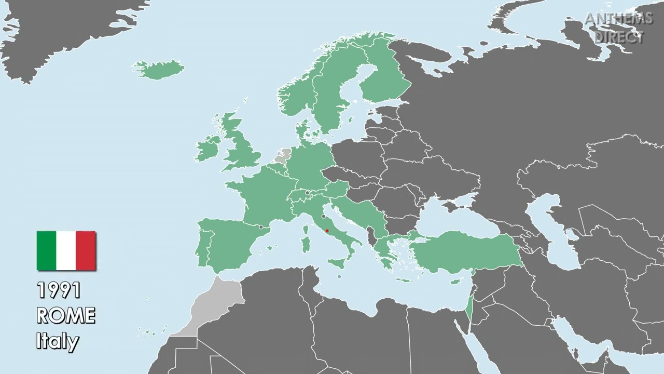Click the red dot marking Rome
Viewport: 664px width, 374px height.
327,231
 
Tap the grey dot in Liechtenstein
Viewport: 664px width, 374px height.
307,193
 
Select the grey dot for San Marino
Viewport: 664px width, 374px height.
323,216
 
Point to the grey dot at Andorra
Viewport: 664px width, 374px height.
261,227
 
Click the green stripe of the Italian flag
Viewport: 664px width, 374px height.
46,251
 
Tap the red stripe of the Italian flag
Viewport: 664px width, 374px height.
86,251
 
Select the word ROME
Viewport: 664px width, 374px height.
65,316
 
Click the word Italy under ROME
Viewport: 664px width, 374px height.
57,341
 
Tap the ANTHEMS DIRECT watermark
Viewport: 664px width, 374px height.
618,28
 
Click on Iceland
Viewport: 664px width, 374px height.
159,70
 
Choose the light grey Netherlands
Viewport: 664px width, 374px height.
284,155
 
